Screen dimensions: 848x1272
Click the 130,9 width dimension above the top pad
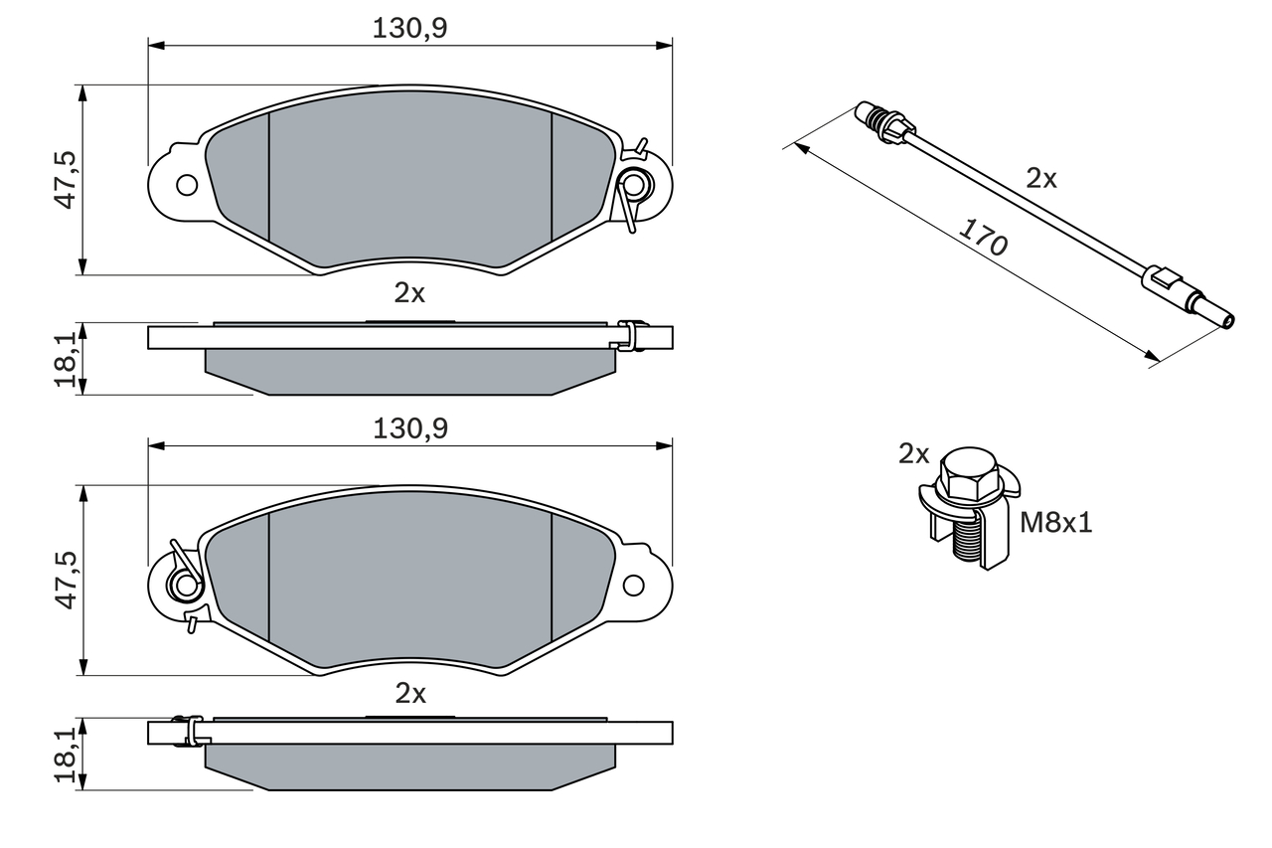(410, 29)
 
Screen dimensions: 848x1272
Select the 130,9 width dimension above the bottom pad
(410, 428)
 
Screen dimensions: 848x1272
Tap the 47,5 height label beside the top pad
(66, 179)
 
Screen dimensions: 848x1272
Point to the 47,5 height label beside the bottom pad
(66, 581)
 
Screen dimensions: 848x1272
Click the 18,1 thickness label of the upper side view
(66, 359)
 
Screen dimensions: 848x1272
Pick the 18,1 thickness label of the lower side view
(66, 755)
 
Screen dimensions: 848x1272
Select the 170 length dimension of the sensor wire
(983, 239)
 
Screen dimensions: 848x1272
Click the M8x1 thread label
(1055, 523)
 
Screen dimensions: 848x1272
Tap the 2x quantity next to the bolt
(913, 454)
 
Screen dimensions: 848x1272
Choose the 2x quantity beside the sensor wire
(1041, 179)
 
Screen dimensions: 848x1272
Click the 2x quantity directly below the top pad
(409, 293)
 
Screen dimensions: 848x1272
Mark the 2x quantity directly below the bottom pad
(409, 693)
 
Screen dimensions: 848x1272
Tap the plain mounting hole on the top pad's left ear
(186, 184)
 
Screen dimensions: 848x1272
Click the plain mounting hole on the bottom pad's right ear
(633, 585)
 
